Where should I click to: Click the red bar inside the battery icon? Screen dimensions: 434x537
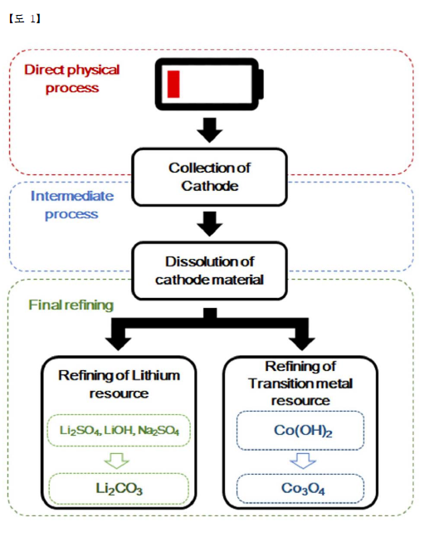(173, 85)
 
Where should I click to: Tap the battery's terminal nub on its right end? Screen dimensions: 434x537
(261, 85)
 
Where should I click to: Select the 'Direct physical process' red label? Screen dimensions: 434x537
(72, 79)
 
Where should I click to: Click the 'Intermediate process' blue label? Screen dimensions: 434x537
(72, 205)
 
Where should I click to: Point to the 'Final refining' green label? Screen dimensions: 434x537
(71, 305)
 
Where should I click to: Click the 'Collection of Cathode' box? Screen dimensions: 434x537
(209, 177)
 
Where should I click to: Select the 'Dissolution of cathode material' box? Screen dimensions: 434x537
(209, 271)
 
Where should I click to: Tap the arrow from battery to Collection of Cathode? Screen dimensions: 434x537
(210, 129)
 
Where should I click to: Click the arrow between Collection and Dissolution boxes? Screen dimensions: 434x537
(210, 223)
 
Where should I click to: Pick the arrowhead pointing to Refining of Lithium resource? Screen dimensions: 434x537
(118, 344)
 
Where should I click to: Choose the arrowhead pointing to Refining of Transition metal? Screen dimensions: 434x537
(302, 344)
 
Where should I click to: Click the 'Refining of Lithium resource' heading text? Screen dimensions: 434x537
(119, 384)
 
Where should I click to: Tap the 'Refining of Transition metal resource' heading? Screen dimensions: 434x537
(300, 383)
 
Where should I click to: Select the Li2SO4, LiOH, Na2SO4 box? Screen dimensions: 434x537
(119, 431)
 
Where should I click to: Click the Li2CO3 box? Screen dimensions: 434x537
(119, 489)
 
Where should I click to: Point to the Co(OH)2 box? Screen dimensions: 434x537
(300, 431)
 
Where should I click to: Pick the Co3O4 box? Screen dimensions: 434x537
(300, 489)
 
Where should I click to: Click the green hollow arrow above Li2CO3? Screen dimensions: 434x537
(117, 461)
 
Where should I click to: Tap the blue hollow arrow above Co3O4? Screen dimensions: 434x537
(303, 461)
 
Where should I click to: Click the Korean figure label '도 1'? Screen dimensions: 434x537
(25, 18)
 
